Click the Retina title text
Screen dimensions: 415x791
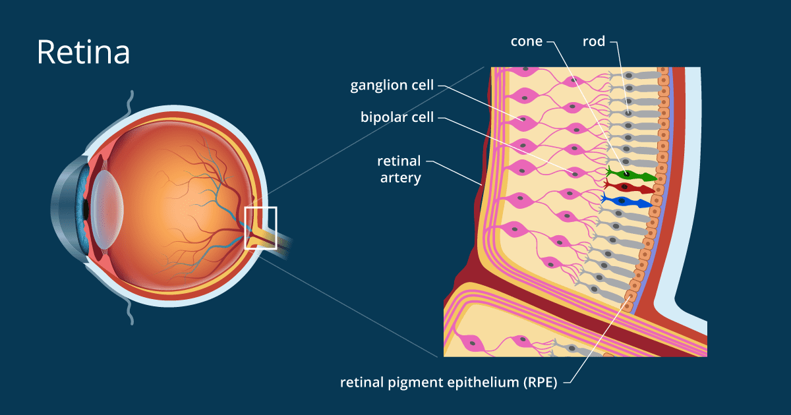tap(83, 52)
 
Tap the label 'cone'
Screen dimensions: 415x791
tap(527, 41)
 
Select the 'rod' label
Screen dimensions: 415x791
tap(593, 41)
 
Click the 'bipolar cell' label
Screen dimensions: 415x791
tap(397, 117)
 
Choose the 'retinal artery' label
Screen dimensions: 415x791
tap(399, 169)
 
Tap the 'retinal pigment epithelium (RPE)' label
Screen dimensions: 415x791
tap(448, 382)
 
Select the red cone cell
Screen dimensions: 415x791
tap(630, 188)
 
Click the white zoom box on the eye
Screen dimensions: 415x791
tap(260, 227)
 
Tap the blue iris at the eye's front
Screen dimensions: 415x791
tap(82, 198)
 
